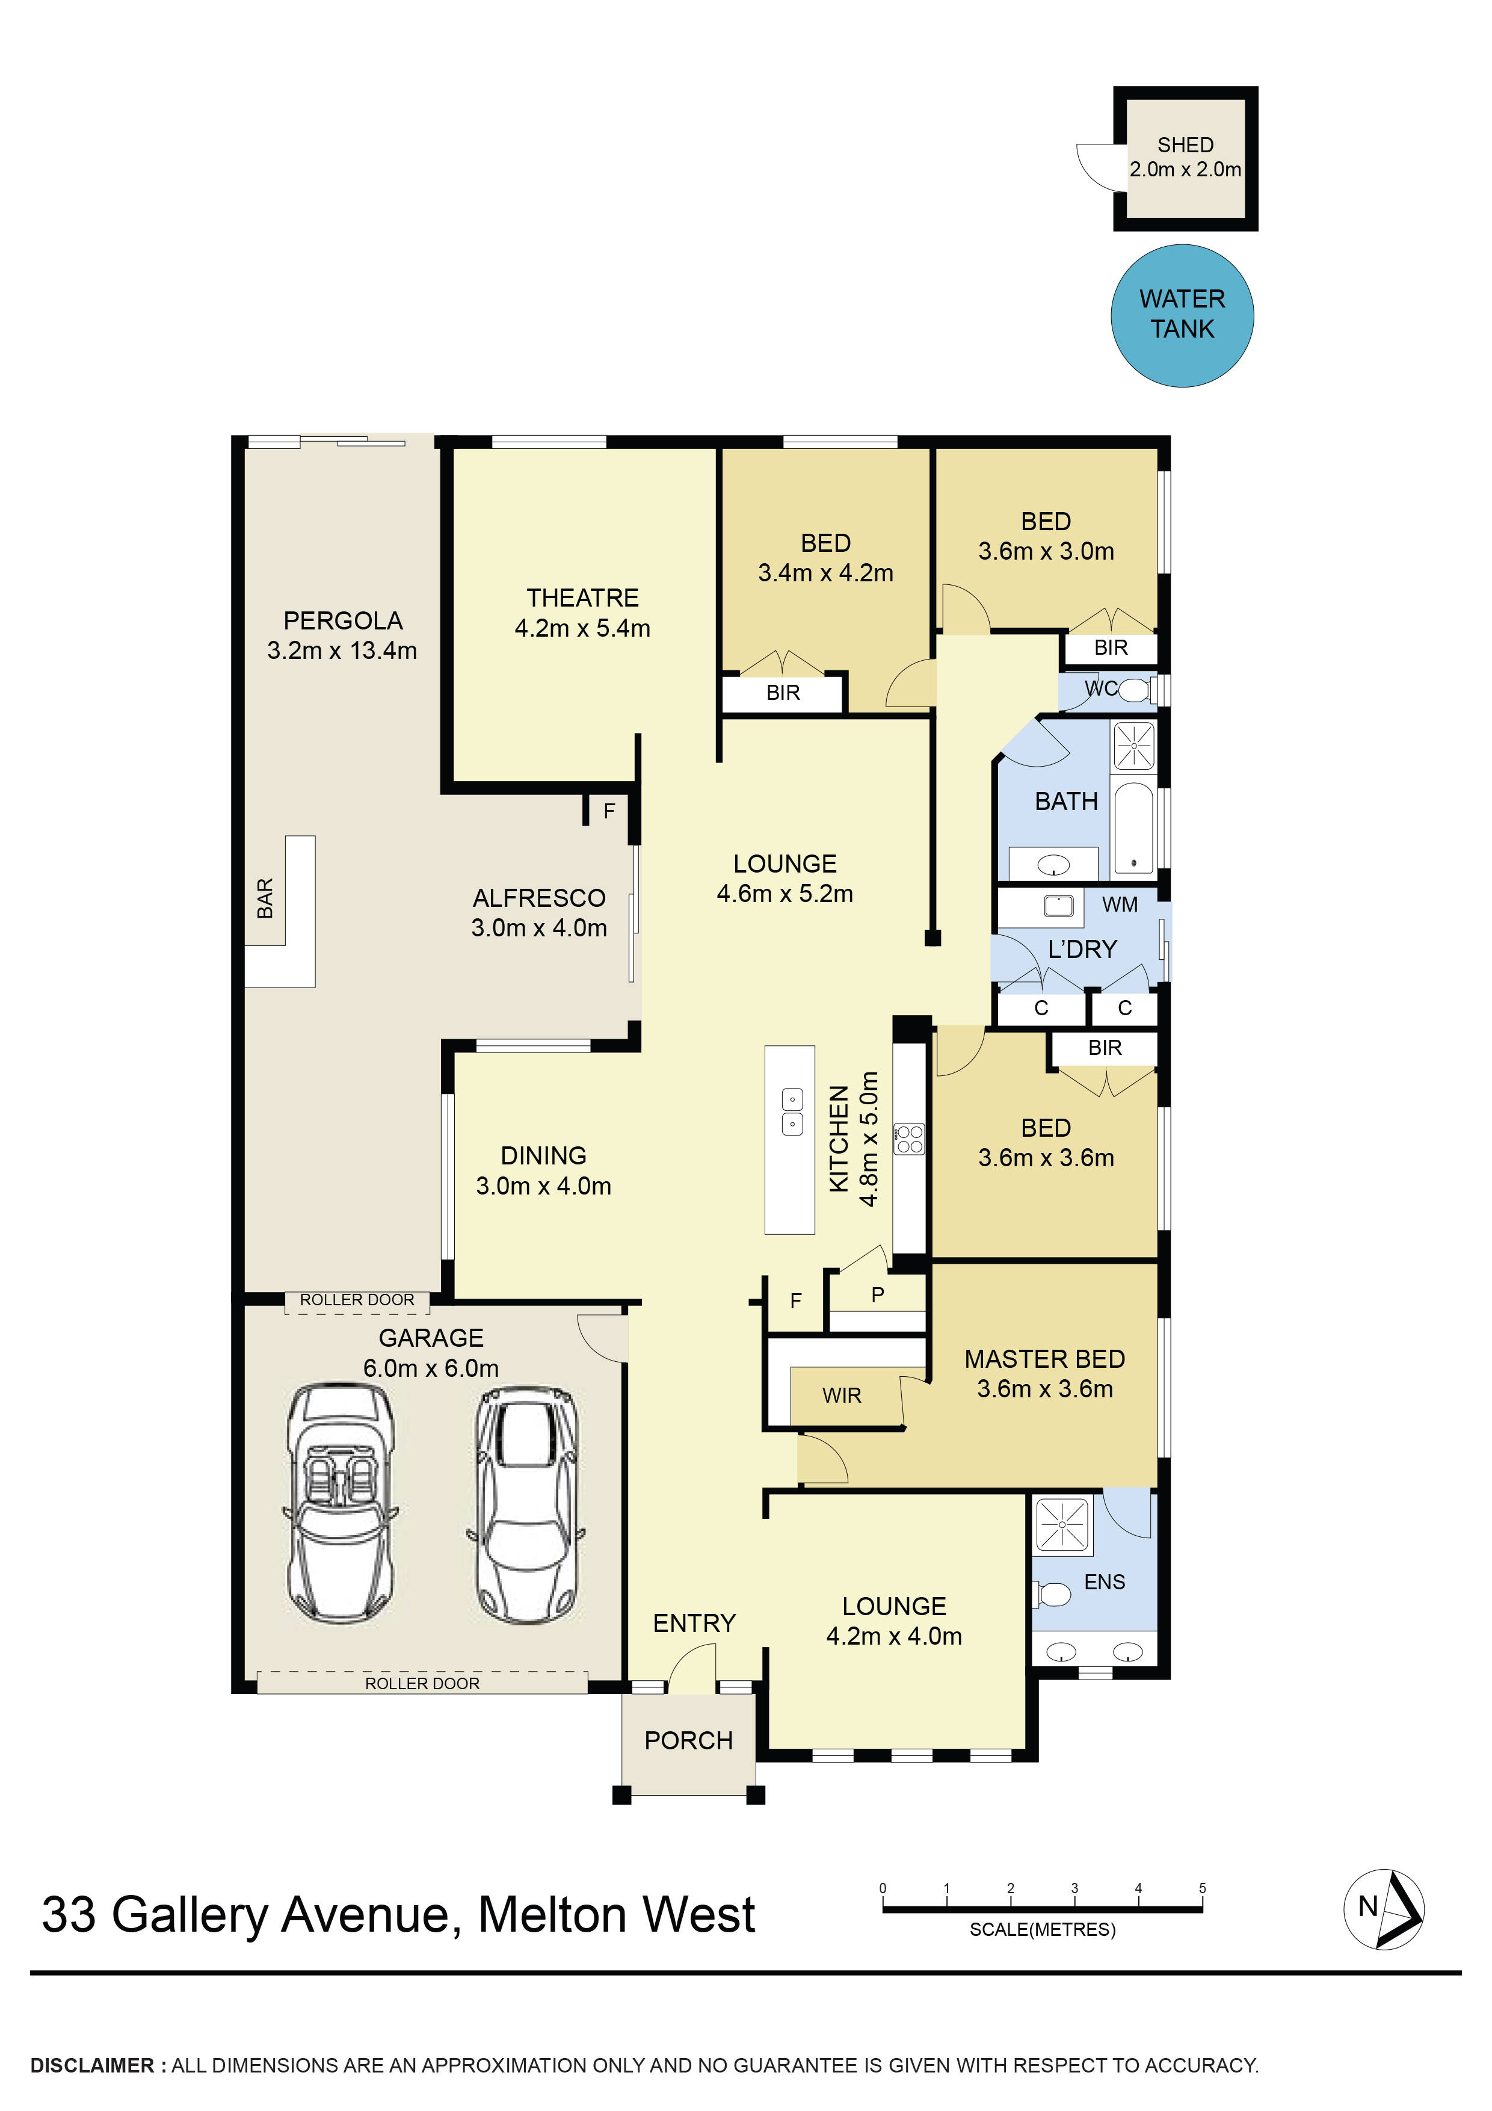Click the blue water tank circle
point(1182,315)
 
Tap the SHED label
point(1185,145)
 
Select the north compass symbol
point(1384,1909)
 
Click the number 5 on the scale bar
point(1201,1888)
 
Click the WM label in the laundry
point(1120,904)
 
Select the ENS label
point(1104,1581)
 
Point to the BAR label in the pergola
point(265,898)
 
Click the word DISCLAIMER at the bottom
point(93,2065)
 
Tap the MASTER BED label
point(1044,1359)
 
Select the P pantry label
point(878,1294)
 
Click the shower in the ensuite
point(1062,1524)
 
